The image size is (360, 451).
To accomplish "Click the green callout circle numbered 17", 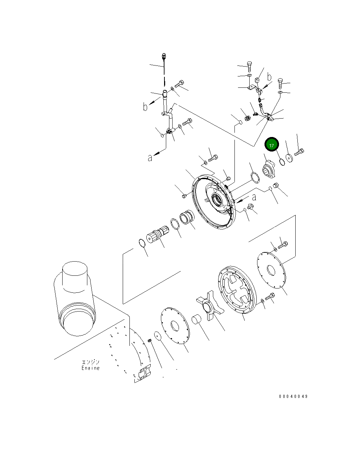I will pyautogui.click(x=272, y=145).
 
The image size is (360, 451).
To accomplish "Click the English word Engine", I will pyautogui.click(x=91, y=368).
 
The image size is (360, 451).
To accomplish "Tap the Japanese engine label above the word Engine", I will pyautogui.click(x=91, y=362).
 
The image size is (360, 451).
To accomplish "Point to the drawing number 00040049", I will pyautogui.click(x=293, y=396).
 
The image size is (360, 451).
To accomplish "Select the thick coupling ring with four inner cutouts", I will pyautogui.click(x=237, y=288).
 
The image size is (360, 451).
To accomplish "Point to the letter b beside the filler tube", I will pyautogui.click(x=145, y=107).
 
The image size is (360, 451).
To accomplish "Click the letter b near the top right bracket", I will pyautogui.click(x=269, y=76).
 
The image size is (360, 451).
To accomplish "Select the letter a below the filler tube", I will pyautogui.click(x=150, y=158).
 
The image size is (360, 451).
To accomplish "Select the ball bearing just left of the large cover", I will pyautogui.click(x=187, y=216).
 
